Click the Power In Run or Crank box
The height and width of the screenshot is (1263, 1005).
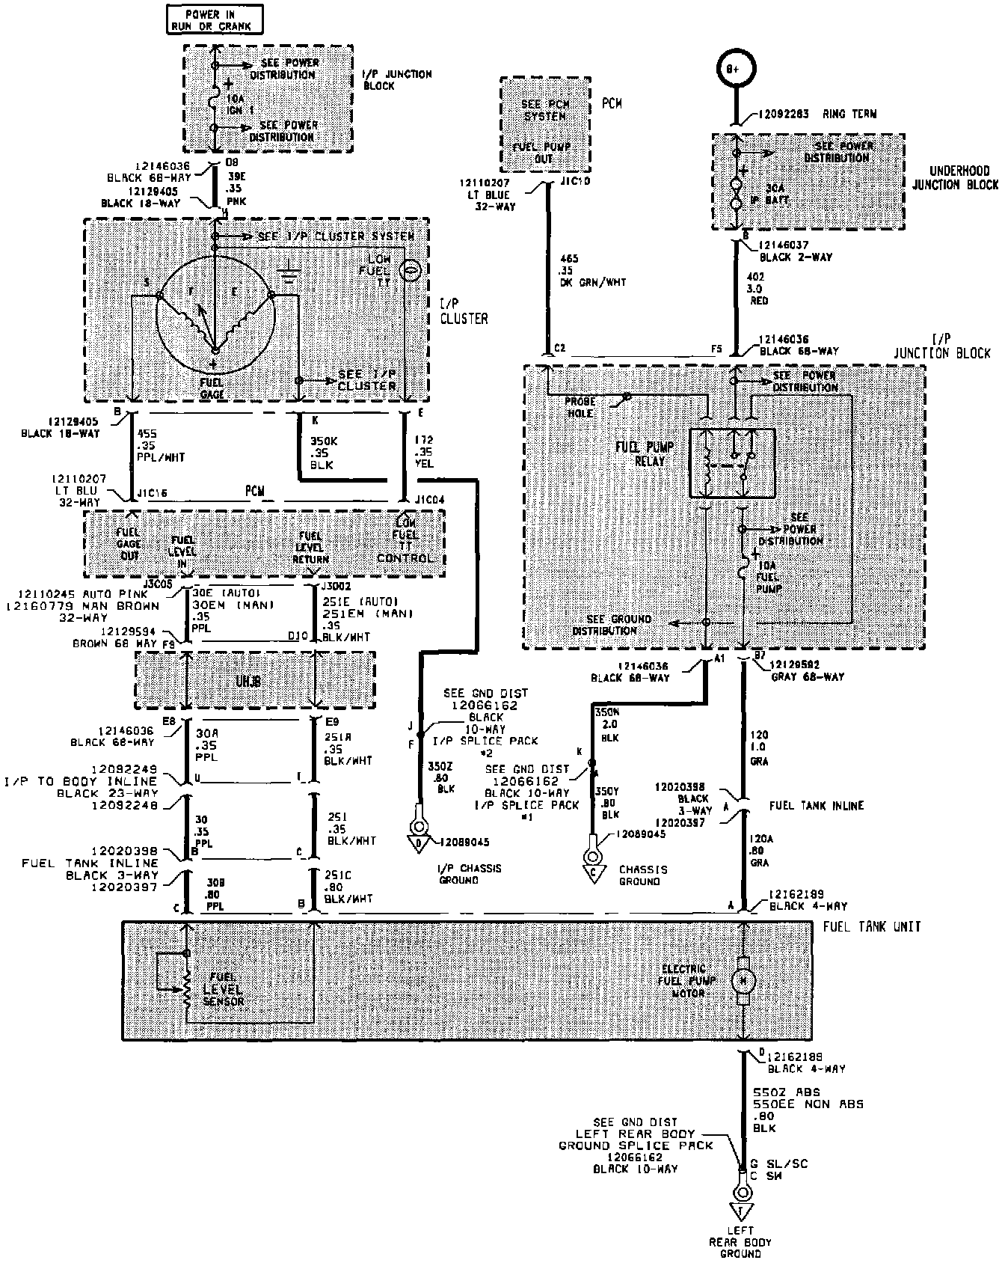(215, 19)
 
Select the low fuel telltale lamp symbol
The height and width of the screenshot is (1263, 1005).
(410, 271)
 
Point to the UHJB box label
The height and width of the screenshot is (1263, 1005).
(253, 682)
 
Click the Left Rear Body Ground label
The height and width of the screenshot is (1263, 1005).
(740, 1242)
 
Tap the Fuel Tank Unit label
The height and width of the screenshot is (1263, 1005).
(871, 926)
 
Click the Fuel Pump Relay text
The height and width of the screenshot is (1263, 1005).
(645, 453)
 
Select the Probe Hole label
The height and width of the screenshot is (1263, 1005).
(580, 407)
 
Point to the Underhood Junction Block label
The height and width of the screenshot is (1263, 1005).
(955, 177)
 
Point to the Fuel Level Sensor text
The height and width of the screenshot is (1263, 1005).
(224, 988)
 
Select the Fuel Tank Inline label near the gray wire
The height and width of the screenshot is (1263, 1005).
(817, 805)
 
